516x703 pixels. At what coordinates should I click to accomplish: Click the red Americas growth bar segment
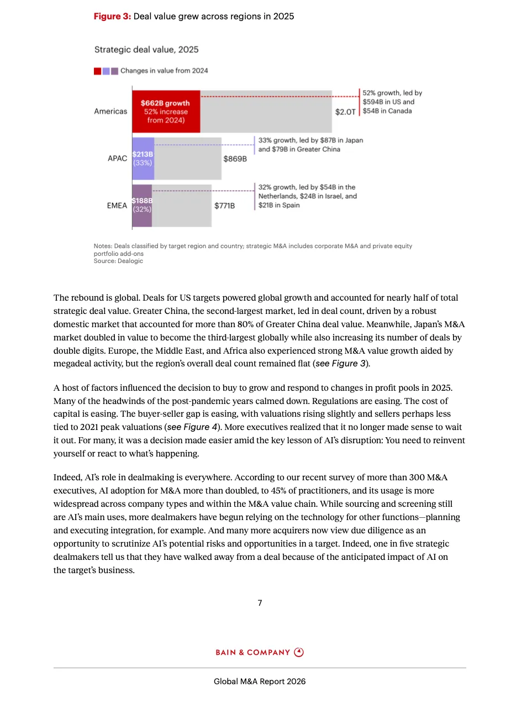pos(166,111)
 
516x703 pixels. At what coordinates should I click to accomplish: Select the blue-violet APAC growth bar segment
pos(143,159)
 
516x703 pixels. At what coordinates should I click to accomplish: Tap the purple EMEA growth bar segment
pos(142,206)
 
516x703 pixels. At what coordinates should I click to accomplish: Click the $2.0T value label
pos(345,112)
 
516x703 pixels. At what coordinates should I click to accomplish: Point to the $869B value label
pos(235,159)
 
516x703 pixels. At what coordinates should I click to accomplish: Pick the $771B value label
pos(225,206)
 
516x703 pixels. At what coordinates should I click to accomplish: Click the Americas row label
pos(110,111)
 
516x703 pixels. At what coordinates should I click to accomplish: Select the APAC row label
pos(117,159)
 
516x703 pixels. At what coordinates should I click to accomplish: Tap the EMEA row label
pos(117,206)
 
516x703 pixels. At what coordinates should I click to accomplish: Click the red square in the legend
pos(97,71)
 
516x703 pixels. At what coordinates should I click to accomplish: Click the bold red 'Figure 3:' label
pos(112,17)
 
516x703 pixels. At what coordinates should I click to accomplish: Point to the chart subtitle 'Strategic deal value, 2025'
pos(146,50)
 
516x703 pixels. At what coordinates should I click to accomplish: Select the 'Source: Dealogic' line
pos(118,261)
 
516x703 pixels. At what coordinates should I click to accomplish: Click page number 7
pos(260,603)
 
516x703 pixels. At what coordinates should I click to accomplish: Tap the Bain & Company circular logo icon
pos(299,652)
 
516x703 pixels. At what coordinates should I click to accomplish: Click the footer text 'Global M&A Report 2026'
pos(260,681)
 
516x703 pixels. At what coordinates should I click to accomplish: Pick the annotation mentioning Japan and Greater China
pos(310,145)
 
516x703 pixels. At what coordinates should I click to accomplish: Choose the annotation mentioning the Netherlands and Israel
pos(307,196)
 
